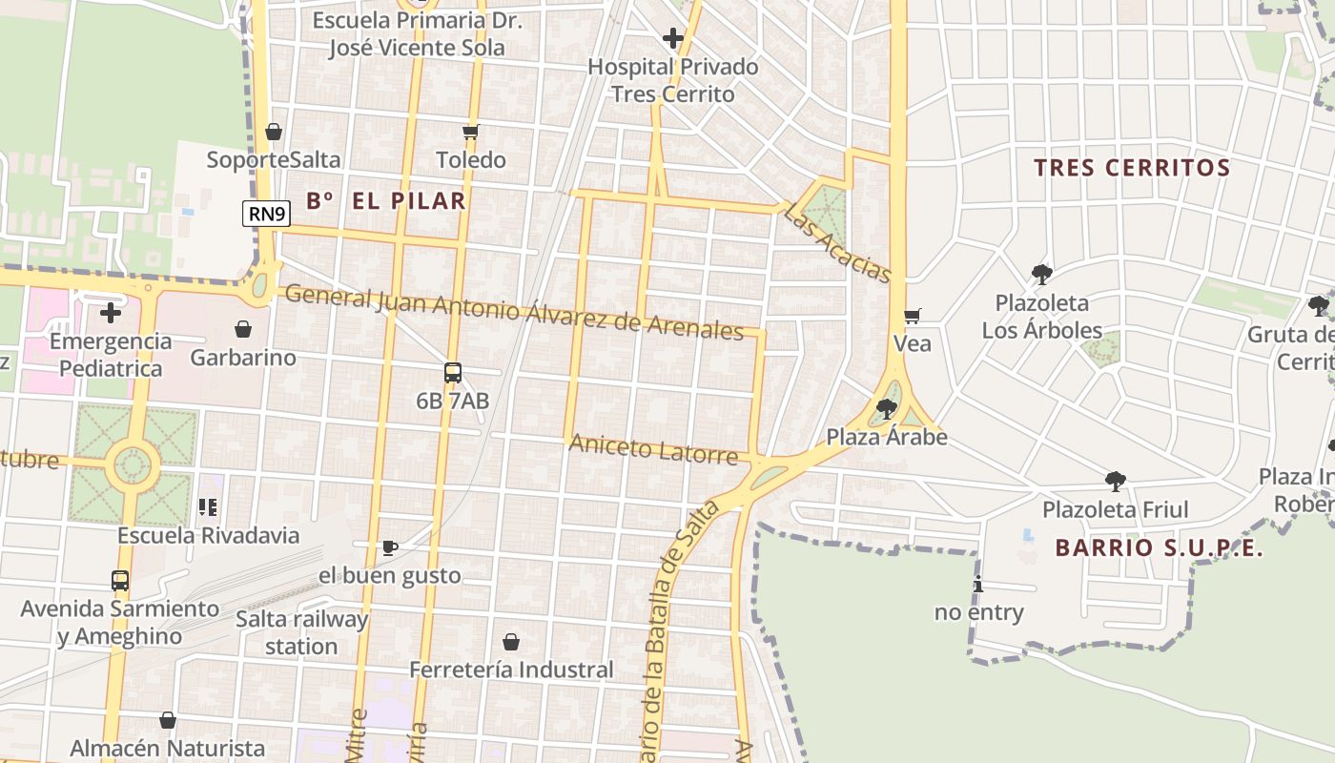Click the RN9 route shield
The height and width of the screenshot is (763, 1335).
click(267, 214)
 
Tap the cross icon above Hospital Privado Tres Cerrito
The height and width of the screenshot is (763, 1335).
click(673, 38)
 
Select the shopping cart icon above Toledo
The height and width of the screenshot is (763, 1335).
click(470, 132)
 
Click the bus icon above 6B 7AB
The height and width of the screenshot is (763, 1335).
click(453, 373)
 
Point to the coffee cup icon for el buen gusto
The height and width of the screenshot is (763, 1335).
click(389, 547)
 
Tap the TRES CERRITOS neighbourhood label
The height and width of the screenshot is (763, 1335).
click(1132, 168)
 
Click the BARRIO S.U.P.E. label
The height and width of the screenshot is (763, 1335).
click(1159, 548)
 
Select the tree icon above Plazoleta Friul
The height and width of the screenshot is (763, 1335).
click(1115, 481)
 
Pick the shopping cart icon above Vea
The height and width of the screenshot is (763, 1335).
click(912, 316)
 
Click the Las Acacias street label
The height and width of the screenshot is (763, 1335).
click(837, 243)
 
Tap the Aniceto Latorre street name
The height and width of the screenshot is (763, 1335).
click(653, 449)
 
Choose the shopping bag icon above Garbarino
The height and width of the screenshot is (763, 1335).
click(243, 330)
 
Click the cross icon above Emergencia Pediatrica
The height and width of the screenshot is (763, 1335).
click(111, 312)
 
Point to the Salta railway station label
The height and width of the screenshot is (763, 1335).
click(301, 632)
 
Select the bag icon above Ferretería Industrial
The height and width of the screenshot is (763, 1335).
click(511, 642)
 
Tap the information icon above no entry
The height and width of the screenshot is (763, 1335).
click(978, 585)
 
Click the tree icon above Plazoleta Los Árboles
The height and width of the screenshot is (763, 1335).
click(1041, 275)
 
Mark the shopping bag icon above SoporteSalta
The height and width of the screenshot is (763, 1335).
click(274, 132)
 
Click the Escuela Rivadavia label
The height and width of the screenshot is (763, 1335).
click(208, 535)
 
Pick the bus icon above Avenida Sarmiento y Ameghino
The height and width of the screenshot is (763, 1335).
click(120, 580)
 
